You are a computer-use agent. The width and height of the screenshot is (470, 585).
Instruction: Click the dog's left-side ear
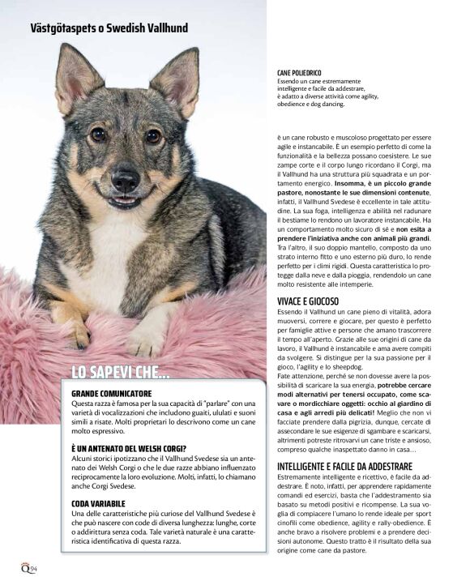(x=75, y=77)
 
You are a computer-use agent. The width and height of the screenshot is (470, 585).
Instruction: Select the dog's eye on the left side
(x=98, y=135)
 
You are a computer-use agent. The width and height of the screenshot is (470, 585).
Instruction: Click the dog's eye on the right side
(x=152, y=135)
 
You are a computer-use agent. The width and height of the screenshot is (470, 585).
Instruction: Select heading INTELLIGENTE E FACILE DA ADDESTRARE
(x=356, y=467)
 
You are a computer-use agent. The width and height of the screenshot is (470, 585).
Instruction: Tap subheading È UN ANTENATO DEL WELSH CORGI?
(x=130, y=448)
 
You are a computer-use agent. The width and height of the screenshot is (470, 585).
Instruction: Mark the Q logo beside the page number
(x=26, y=566)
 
